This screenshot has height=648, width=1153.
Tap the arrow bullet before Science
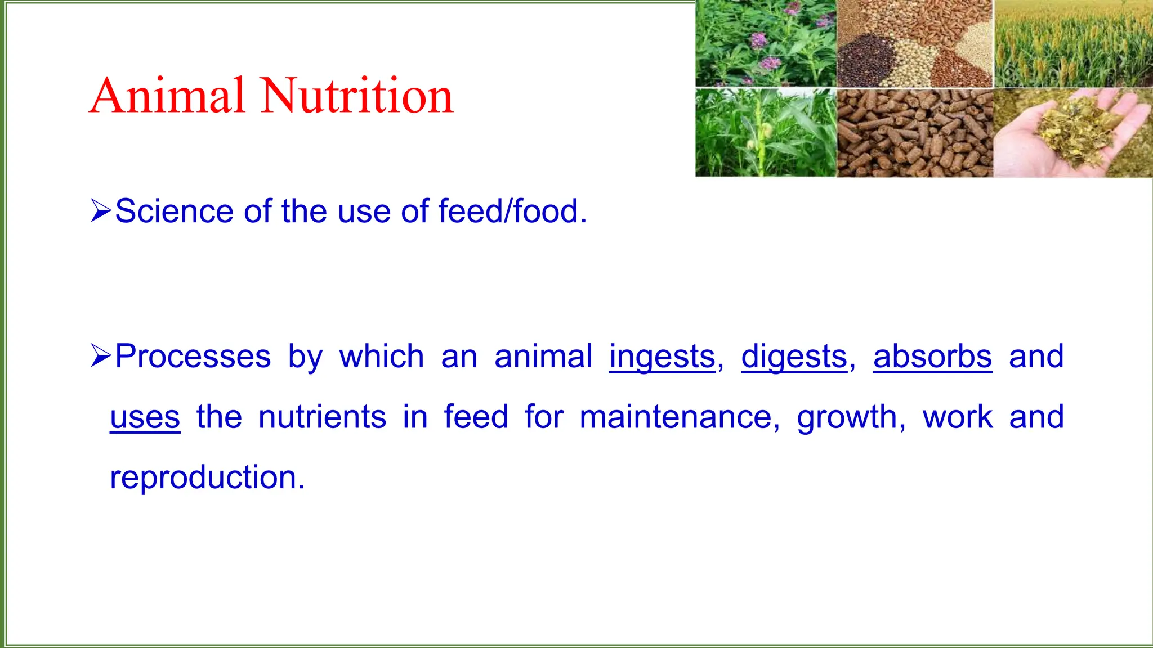pos(101,211)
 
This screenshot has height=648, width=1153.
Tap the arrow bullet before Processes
pos(101,357)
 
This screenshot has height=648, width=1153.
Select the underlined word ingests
pos(662,357)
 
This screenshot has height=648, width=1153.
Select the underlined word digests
pos(794,357)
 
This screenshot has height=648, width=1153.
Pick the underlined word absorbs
pos(932,357)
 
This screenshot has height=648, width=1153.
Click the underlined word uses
pos(145,417)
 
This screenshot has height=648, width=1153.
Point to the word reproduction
pos(206,478)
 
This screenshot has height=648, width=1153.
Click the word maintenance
pos(676,417)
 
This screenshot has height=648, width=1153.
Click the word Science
pos(173,211)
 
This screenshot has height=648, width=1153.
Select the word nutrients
pos(322,417)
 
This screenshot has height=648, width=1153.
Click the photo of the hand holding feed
pos(1072,133)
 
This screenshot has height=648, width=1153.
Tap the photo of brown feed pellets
pos(915,133)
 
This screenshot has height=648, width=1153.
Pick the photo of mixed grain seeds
pos(915,44)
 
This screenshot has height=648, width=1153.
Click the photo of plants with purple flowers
pos(766,44)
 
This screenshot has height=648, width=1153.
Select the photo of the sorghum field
pos(1073,44)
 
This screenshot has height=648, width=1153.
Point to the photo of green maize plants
pos(766,133)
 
